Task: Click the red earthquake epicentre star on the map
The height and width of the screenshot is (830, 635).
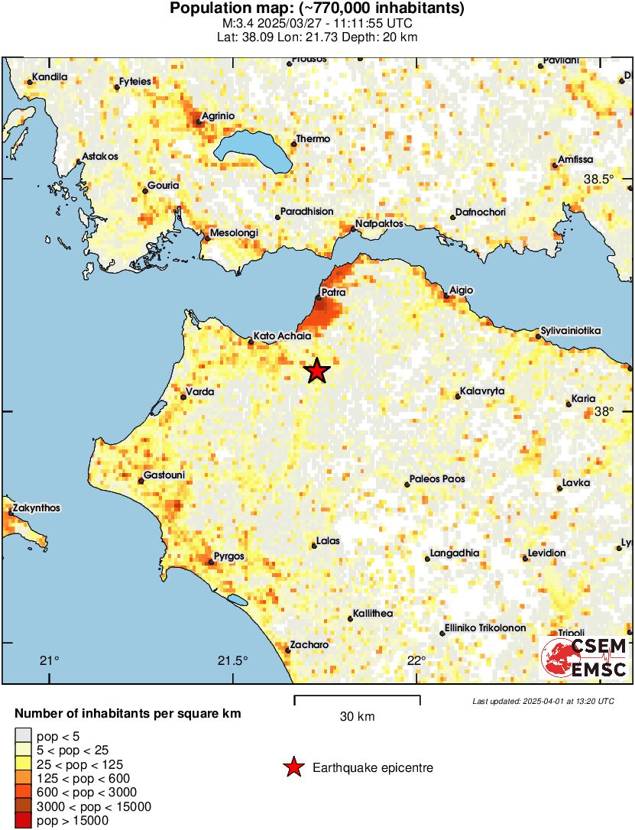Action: click(317, 371)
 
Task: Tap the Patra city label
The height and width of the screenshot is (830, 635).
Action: click(333, 292)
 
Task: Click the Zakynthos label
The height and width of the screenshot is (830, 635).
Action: click(36, 508)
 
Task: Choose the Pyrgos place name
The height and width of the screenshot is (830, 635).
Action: click(229, 556)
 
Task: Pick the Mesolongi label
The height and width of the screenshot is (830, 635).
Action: click(234, 232)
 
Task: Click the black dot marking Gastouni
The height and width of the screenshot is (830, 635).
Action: click(141, 481)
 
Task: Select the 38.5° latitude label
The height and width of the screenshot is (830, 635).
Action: click(599, 179)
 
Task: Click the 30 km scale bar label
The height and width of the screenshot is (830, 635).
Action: click(357, 717)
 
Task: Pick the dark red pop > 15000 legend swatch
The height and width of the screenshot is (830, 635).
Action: click(23, 821)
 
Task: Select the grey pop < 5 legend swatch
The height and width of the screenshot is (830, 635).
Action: click(23, 735)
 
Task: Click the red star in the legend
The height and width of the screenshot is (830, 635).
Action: click(293, 767)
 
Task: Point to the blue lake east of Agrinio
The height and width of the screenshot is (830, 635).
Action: click(252, 146)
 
